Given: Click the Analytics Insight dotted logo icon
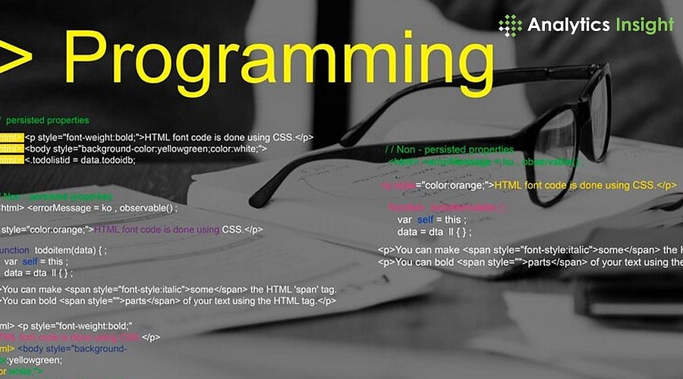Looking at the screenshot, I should (x=511, y=25).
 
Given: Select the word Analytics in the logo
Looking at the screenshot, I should (x=569, y=24).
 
